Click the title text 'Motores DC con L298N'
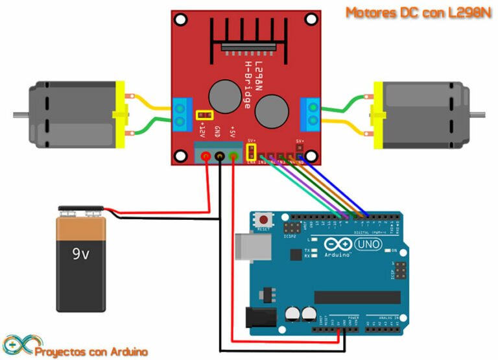(x=418, y=12)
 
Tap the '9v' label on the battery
(x=80, y=254)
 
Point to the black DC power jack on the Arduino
(x=257, y=317)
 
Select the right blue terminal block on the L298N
(x=311, y=112)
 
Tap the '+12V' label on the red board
(x=202, y=128)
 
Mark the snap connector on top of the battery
(x=80, y=211)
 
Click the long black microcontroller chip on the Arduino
(x=353, y=296)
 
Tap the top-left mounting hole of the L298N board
(x=182, y=21)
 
